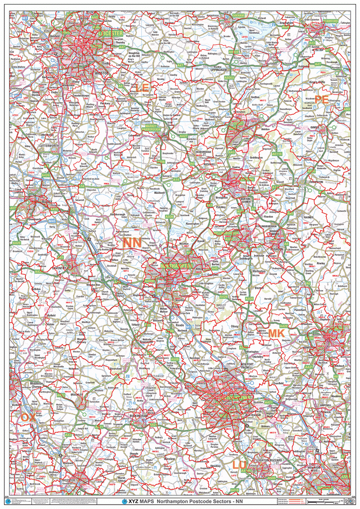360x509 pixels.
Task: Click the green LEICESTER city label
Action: pos(111,33)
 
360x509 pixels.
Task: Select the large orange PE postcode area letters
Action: pos(321,100)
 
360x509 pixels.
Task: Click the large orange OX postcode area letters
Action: pos(28,418)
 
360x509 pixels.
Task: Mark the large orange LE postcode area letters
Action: pos(141,88)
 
